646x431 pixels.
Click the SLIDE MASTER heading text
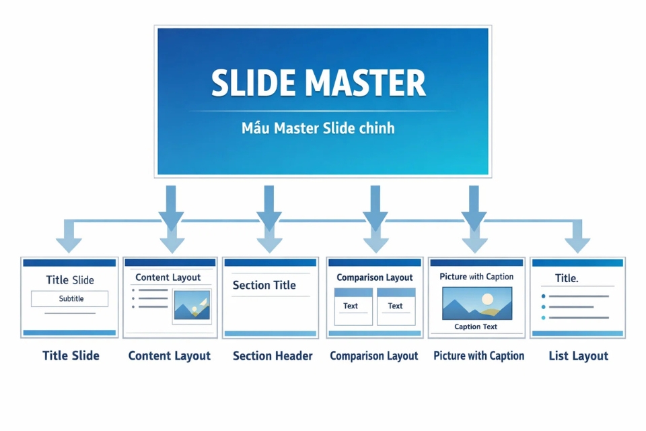pos(318,84)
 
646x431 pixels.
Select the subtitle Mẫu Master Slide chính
pos(318,128)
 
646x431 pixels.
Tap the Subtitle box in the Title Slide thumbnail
pos(70,298)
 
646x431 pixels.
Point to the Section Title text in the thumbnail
pos(264,286)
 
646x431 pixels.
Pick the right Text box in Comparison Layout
pos(396,306)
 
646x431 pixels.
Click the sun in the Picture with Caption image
pos(488,298)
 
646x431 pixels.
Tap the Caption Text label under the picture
pos(476,327)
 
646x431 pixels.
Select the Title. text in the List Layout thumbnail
pos(566,278)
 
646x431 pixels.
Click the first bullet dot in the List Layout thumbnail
pos(543,296)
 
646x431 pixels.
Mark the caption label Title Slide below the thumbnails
pos(71,356)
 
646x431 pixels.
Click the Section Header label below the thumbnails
pos(273,356)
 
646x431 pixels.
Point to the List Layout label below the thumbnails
pos(578,356)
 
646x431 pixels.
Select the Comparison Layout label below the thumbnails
pos(373,356)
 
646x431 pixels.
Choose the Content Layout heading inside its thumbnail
pos(168,277)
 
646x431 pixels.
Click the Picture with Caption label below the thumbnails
pos(478,356)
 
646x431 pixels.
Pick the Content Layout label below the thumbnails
pos(169,356)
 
